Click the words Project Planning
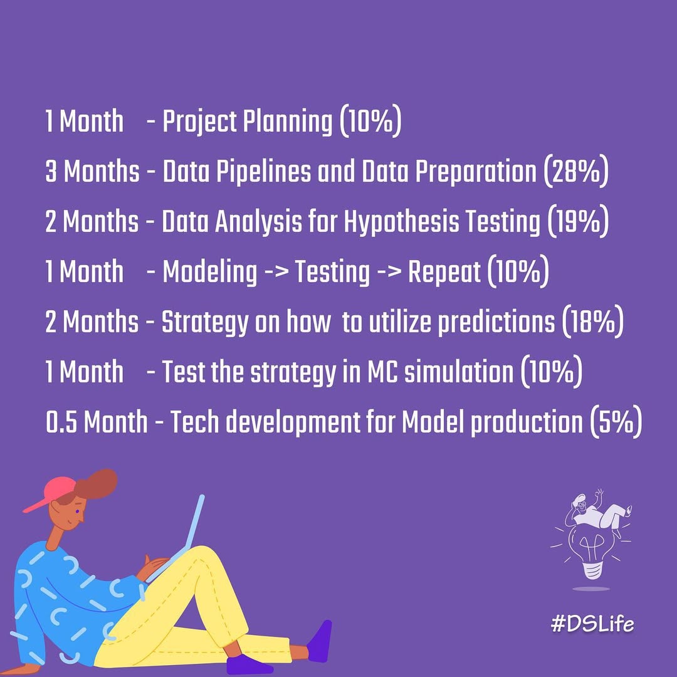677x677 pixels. coord(248,122)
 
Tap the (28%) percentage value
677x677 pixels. coord(576,171)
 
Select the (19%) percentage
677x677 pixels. coord(578,221)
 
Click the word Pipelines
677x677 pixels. coord(263,172)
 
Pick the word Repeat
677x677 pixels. coord(444,273)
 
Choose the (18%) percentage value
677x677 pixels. coord(593,322)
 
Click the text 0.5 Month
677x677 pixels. coord(97,422)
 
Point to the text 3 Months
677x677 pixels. coord(92,171)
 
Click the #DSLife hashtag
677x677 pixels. coord(592,624)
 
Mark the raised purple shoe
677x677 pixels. coord(320,641)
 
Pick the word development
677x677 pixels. coord(293,422)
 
